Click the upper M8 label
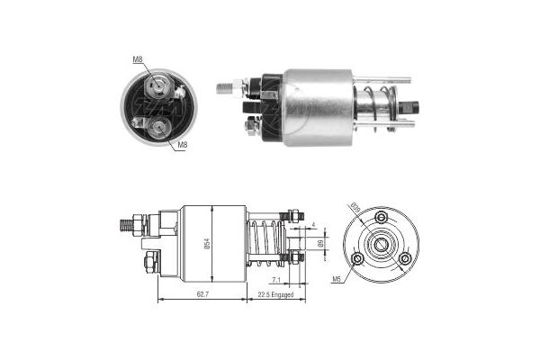(138, 60)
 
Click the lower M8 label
(182, 144)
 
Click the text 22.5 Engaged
(275, 292)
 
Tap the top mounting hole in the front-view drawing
(381, 218)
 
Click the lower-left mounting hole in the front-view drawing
(357, 258)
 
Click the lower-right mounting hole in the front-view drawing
(404, 258)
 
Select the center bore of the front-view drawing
(381, 245)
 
